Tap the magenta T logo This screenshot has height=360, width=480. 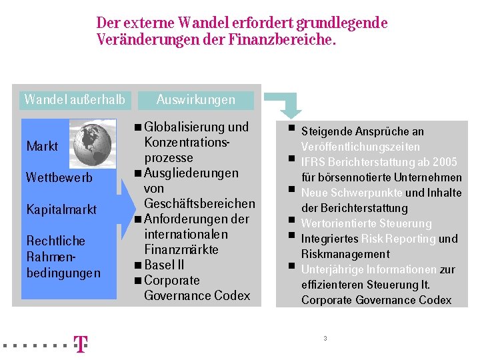pos(80,344)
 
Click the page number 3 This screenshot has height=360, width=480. pos(325,339)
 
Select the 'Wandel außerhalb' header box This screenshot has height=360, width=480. pos(74,100)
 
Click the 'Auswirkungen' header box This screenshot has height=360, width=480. pos(196,100)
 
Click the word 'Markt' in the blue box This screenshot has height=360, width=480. pos(42,146)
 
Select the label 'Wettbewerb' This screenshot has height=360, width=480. pos(59,178)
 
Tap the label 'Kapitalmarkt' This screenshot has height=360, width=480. pos(61,209)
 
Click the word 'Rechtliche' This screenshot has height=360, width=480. pos(55,241)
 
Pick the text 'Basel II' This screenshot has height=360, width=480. pos(164,265)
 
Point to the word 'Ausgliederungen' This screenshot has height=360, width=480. pos(191,173)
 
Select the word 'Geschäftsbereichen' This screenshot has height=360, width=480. pos(199,203)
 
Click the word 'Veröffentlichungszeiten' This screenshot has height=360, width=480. pos(360,147)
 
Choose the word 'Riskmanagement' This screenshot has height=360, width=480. pos(345,254)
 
